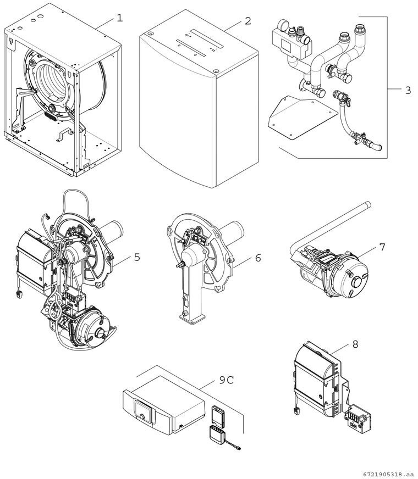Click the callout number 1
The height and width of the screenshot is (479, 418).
pos(120,18)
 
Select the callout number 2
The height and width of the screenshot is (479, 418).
pos(248,21)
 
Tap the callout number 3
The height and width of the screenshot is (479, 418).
pos(408,90)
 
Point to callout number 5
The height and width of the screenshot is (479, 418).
pos(137,257)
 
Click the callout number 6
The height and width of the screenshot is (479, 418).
pos(258,258)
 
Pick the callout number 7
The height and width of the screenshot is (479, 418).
pos(382,247)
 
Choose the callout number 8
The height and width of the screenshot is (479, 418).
pos(355,344)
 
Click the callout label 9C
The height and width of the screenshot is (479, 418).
pos(227,380)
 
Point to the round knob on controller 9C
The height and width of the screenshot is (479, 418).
pos(142,417)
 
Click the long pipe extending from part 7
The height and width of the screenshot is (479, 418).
pos(330,226)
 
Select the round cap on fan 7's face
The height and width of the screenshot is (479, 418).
pos(357,282)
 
